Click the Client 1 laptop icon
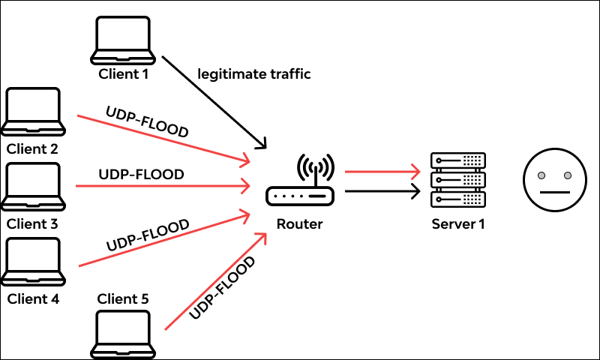[124, 40]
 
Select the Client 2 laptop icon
[33, 112]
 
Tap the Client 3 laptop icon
[33, 187]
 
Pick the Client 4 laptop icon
[33, 262]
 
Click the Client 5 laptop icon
[124, 335]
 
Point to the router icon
[300, 183]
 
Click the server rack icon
[457, 180]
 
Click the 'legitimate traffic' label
[253, 74]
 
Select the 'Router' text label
[299, 223]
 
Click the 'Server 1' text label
[457, 223]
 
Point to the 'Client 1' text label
[124, 74]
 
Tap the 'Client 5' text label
[124, 299]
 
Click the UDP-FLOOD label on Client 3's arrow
[141, 174]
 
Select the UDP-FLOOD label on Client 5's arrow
[223, 287]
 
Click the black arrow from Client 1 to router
[214, 101]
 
